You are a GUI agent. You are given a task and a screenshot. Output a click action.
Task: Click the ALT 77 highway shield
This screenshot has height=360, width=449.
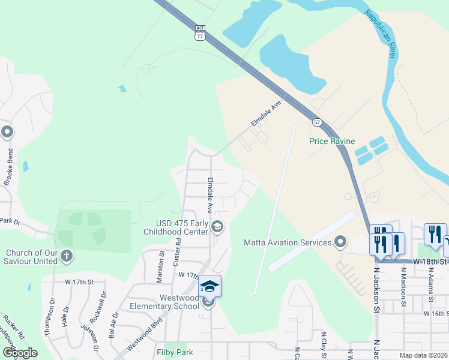pyautogui.click(x=200, y=33)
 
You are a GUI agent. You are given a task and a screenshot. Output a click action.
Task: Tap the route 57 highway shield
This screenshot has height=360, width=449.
pyautogui.click(x=316, y=122)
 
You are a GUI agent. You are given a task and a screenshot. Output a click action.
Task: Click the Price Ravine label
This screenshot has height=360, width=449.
pyautogui.click(x=329, y=142)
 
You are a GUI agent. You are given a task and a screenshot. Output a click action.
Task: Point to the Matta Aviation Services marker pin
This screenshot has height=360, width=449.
pyautogui.click(x=340, y=242)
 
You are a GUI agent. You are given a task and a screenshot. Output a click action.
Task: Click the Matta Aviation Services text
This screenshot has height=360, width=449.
pyautogui.click(x=288, y=242)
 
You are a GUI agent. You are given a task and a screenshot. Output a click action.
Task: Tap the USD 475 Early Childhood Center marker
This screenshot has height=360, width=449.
pyautogui.click(x=217, y=226)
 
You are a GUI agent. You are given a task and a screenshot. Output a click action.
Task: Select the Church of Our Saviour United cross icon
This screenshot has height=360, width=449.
pyautogui.click(x=66, y=257)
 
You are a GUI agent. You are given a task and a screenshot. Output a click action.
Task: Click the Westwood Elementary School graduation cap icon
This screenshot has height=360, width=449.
pyautogui.click(x=209, y=286)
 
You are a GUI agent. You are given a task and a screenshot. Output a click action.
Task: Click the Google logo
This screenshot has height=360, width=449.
pyautogui.click(x=20, y=353)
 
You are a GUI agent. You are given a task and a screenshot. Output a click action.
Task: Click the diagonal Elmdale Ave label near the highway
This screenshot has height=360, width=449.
pyautogui.click(x=266, y=113)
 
